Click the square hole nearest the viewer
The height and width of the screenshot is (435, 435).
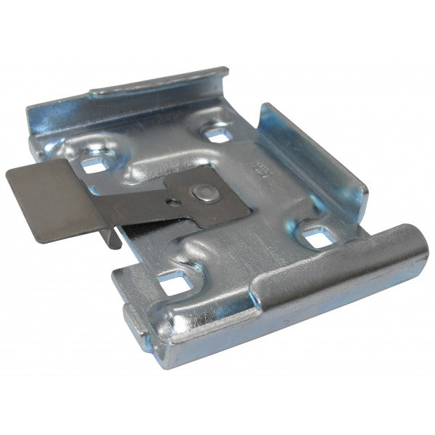click(x=173, y=283)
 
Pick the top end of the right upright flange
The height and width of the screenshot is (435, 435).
click(x=267, y=109)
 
